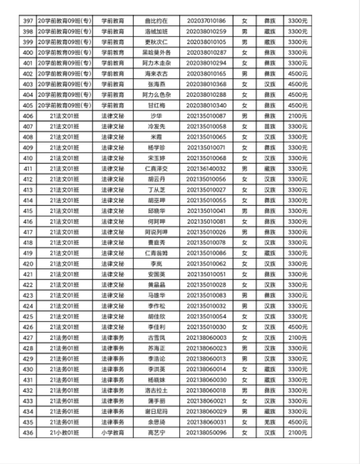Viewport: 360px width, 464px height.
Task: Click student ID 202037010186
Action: [x=206, y=21]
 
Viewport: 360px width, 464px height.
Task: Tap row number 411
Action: [x=27, y=169]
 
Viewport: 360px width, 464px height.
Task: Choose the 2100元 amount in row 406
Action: [x=298, y=116]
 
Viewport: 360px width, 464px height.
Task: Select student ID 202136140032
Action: [x=206, y=169]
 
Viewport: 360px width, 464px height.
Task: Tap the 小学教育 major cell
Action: [x=112, y=433]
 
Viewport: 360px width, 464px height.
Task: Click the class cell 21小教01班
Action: [x=63, y=433]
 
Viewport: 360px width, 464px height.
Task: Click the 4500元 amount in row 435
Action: [x=298, y=422]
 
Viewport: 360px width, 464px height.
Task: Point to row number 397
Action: [x=27, y=21]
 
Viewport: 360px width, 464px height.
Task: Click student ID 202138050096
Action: [x=206, y=433]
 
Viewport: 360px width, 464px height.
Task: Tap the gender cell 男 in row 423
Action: [x=244, y=295]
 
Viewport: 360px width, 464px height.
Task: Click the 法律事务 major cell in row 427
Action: [x=112, y=337]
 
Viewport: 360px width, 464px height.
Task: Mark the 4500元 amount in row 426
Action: [x=298, y=327]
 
